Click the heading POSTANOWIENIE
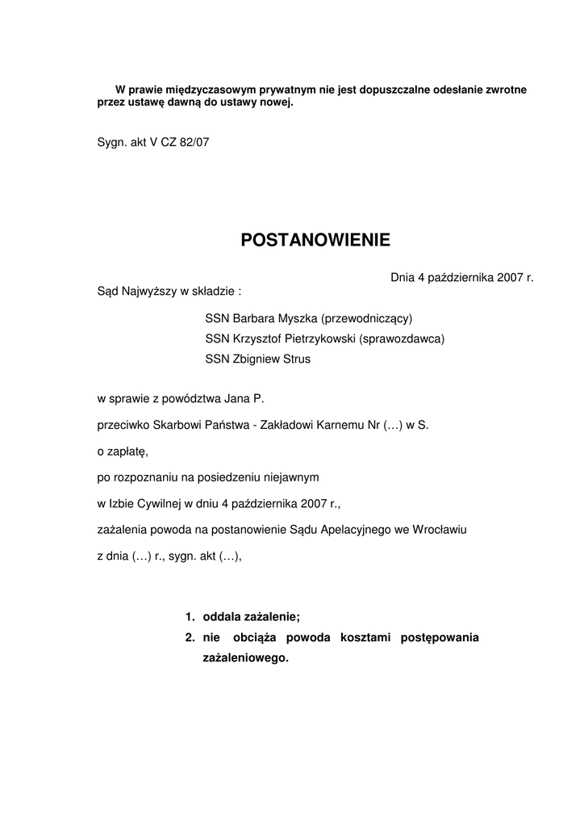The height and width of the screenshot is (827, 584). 315,240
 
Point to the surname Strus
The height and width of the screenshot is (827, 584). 294,359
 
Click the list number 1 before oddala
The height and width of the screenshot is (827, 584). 190,617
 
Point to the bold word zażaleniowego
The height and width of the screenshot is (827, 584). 245,658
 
